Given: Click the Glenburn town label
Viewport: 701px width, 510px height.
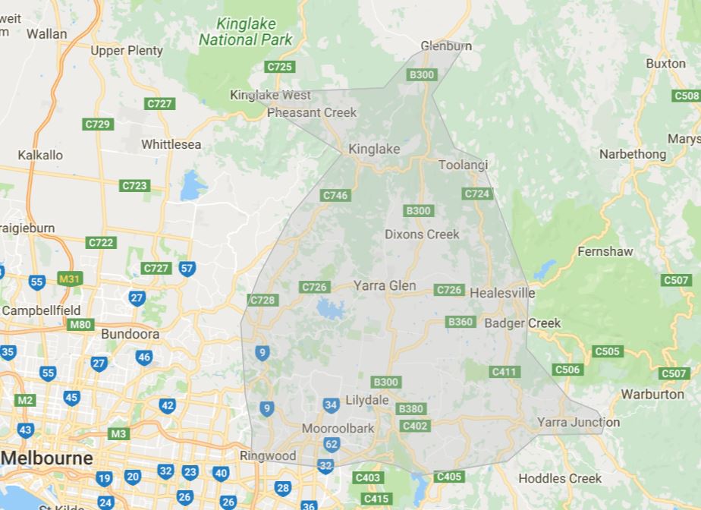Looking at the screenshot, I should (x=446, y=46).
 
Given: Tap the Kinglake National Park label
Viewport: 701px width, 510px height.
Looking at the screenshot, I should (x=245, y=32).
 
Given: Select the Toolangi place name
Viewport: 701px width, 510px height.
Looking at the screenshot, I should (x=463, y=165).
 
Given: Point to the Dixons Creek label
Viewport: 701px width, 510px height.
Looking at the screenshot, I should (x=422, y=234).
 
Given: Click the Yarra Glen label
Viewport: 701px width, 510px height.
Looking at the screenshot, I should (x=385, y=285).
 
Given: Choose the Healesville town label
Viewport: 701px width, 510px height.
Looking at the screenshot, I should (x=502, y=293).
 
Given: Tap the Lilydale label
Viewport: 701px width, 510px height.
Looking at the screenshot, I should (x=366, y=400).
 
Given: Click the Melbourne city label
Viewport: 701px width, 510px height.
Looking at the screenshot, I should (x=47, y=458).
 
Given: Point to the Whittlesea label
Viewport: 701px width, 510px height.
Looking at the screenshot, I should (x=171, y=144).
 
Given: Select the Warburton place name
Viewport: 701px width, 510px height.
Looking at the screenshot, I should (x=652, y=394).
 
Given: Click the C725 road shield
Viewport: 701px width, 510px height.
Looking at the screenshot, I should (x=279, y=67).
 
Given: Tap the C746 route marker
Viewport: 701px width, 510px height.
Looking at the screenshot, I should (x=335, y=195).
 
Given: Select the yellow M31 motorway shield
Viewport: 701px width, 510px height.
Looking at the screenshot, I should (x=69, y=279).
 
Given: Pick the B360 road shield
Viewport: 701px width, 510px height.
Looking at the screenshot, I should (x=461, y=322).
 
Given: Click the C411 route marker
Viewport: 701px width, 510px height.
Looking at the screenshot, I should (x=505, y=371).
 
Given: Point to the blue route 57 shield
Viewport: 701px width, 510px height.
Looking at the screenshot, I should (x=187, y=268).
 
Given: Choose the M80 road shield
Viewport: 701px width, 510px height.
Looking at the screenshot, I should (x=80, y=325).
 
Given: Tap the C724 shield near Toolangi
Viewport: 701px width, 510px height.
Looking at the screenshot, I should (x=476, y=194).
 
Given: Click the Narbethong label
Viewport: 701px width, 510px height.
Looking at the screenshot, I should (x=633, y=154).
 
